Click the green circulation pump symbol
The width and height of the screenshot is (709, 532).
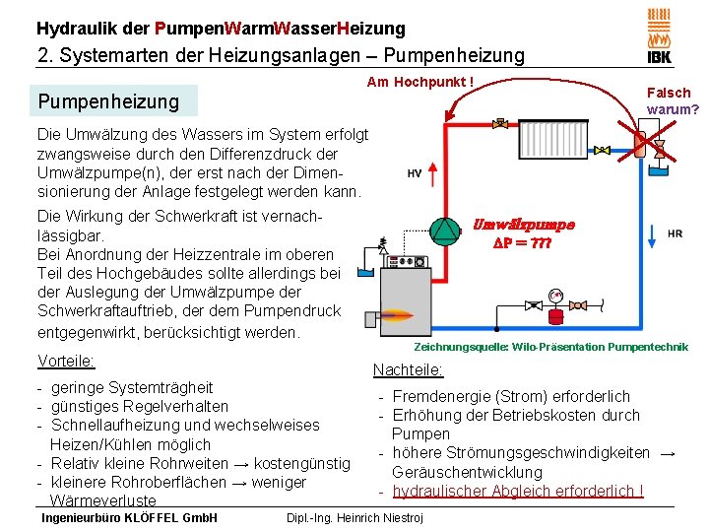[x=446, y=231]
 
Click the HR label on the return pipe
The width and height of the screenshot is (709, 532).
[x=675, y=233]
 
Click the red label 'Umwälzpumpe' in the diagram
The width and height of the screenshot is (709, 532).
[x=524, y=225]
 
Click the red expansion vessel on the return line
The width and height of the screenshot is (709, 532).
[x=555, y=314]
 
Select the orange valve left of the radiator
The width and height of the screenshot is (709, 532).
[x=501, y=125]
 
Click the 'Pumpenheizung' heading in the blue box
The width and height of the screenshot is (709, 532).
[x=108, y=101]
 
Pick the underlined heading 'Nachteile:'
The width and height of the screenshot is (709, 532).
[x=408, y=370]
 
